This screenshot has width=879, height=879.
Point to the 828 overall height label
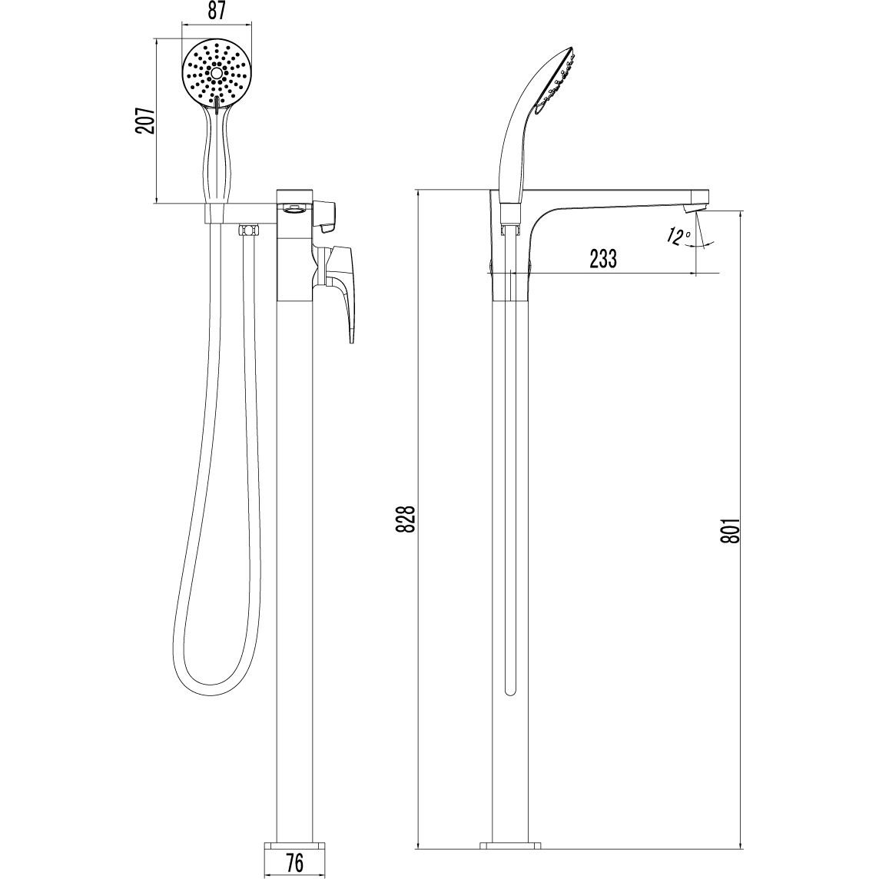[408, 519]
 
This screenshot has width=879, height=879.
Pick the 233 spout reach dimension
[603, 259]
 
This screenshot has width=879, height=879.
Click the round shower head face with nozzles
[217, 75]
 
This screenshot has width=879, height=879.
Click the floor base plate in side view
[511, 847]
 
